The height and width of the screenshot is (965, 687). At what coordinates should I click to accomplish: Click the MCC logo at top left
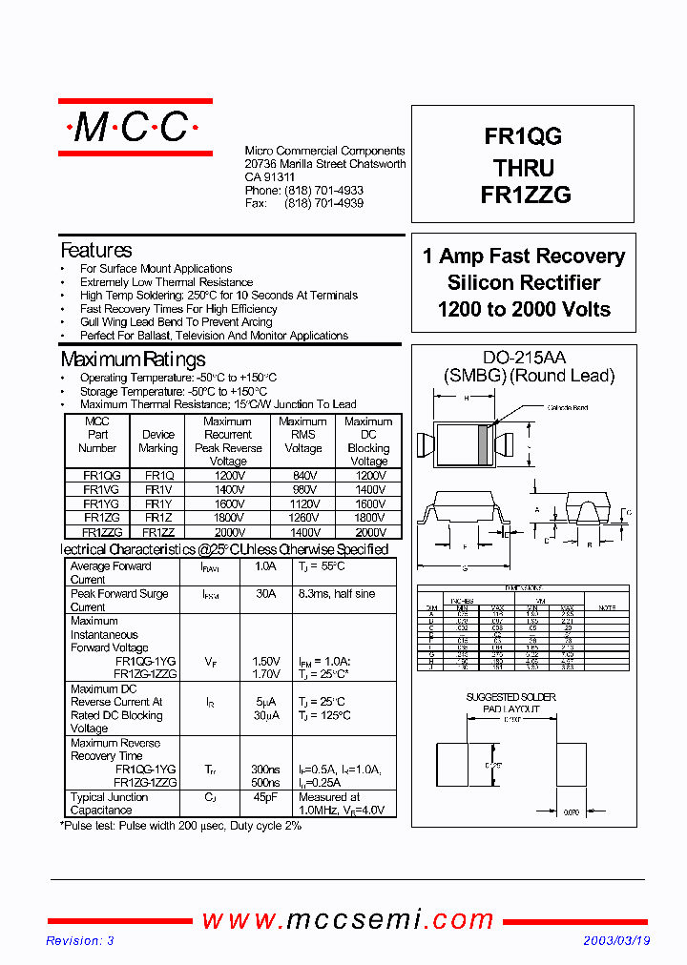[x=135, y=128]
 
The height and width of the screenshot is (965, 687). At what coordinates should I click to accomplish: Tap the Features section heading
[x=96, y=251]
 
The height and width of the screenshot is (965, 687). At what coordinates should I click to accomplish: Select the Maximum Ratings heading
[x=133, y=359]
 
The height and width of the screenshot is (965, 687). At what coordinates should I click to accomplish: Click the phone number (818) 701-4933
[x=323, y=191]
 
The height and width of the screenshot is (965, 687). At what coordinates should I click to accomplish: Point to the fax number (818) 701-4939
[x=323, y=203]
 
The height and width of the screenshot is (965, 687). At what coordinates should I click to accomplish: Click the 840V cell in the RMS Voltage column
[x=302, y=475]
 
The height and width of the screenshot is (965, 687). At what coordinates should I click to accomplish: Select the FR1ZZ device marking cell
[x=158, y=532]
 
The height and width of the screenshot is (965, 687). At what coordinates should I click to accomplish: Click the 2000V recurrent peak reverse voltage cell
[x=228, y=532]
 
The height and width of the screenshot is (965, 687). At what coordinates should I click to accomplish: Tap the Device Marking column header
[x=158, y=441]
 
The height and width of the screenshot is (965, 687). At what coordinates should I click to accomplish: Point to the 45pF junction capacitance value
[x=265, y=797]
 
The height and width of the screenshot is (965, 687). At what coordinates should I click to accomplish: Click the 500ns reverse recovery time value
[x=265, y=782]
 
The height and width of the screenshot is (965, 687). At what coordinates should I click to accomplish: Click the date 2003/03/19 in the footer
[x=616, y=940]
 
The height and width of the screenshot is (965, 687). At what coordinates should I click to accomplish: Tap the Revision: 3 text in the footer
[x=80, y=940]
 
